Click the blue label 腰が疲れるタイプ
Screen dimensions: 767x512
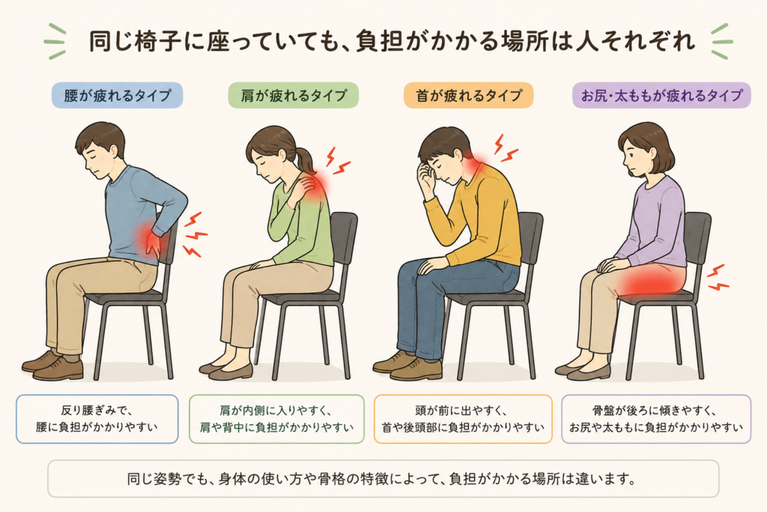118,95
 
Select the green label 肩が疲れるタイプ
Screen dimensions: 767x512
294,95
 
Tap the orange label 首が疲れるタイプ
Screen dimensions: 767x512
469,95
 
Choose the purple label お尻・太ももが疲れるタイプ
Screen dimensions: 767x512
661,95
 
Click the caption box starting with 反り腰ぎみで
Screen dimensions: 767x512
97,419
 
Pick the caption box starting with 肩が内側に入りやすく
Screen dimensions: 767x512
276,419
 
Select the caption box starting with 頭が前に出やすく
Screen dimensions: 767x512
463,419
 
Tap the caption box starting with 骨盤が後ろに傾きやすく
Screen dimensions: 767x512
656,419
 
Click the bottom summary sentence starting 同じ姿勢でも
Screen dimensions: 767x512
381,478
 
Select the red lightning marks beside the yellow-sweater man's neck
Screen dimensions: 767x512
505,148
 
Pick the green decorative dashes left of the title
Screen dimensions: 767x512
55,42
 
